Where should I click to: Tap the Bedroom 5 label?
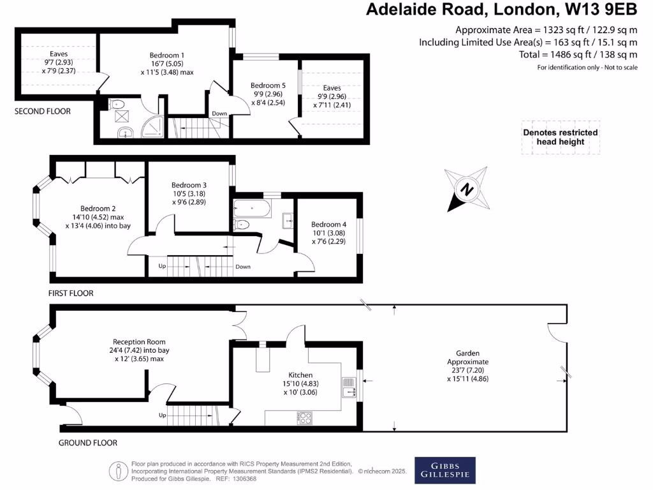268,85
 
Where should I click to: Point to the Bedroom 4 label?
328,225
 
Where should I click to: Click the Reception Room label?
139,342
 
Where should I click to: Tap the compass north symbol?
467,189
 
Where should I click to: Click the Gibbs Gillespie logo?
445,469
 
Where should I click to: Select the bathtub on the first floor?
253,207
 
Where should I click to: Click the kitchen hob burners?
305,419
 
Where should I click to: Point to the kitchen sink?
349,388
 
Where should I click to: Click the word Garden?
467,353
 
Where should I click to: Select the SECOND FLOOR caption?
43,111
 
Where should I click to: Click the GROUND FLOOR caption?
87,442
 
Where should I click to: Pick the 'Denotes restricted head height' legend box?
561,137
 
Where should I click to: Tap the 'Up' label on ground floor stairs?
162,415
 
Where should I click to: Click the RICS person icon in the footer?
119,470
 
